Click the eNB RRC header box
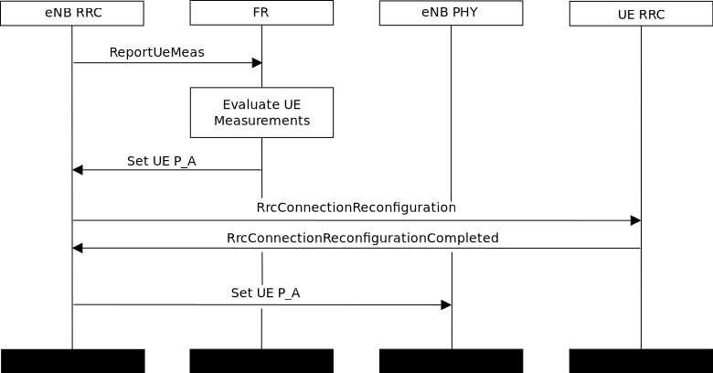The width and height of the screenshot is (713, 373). coord(72,13)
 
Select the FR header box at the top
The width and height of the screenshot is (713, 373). coord(261,13)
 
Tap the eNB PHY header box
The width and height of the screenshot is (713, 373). coord(451,13)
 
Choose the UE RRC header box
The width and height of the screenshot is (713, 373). coord(641,14)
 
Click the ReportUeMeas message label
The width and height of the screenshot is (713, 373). coord(156,52)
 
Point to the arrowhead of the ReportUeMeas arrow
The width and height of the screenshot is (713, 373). coord(257,63)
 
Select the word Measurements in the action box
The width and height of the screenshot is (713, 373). coord(261,121)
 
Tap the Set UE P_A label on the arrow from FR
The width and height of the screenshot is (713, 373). coord(161,161)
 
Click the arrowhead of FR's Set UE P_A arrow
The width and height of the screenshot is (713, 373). coord(78,170)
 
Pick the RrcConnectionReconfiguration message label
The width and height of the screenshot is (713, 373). coord(356,208)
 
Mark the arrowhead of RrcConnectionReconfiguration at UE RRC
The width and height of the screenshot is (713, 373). coord(635,220)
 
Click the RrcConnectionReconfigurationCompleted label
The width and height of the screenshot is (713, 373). coord(362,238)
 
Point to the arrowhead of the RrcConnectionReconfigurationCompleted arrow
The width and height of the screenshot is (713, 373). coord(78,248)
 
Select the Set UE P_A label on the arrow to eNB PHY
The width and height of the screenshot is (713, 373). coord(265,293)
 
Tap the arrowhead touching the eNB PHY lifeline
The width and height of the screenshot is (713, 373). coord(446,304)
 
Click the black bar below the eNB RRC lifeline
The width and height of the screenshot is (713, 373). coord(72,360)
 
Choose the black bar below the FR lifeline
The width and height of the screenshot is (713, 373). coord(261,360)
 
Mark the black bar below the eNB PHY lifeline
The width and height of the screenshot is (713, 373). coord(451,360)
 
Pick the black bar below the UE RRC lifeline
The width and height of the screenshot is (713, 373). coord(641,360)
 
